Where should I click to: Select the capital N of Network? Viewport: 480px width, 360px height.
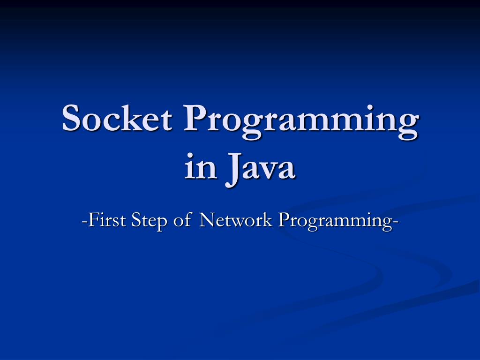point(207,219)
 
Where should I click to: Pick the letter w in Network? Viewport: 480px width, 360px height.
point(238,221)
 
